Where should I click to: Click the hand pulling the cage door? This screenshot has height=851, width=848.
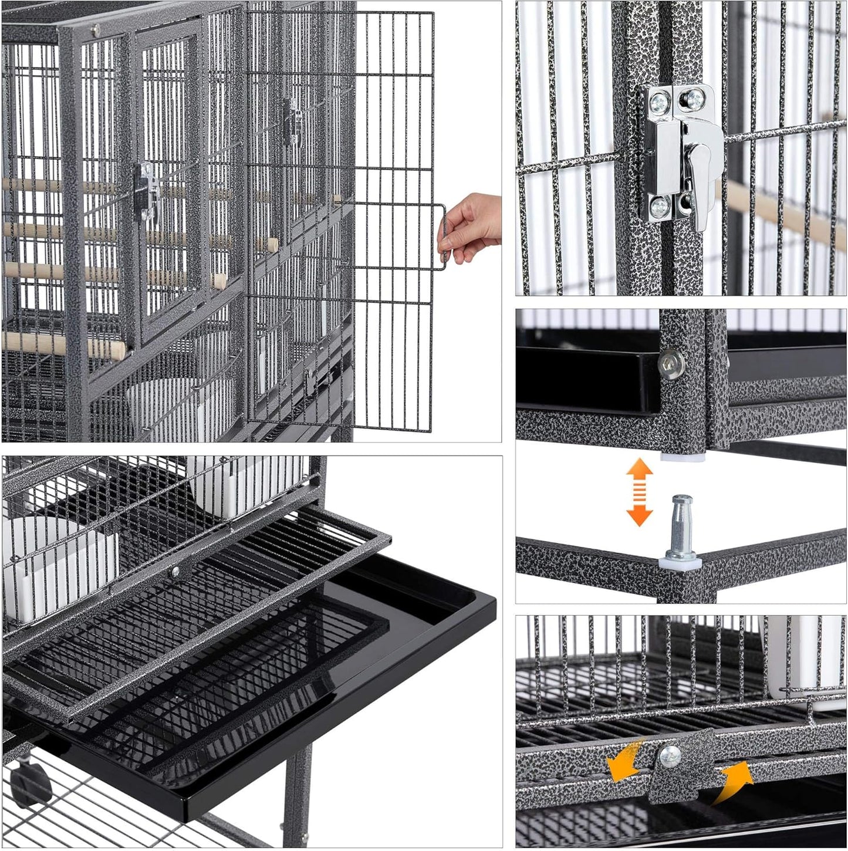(472, 226)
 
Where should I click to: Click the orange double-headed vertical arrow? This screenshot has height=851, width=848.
(639, 492)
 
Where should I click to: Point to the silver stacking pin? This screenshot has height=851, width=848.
(681, 526)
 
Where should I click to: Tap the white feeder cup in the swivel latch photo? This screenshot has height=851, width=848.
(804, 657)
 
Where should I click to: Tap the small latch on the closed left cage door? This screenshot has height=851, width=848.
(147, 191)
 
